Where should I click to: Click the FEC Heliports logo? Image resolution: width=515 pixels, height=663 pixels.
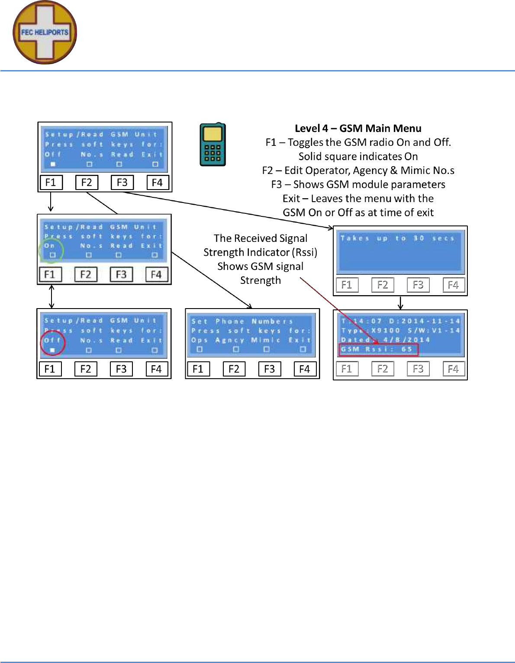click(x=45, y=32)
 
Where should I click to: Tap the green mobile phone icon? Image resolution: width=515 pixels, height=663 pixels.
click(x=212, y=145)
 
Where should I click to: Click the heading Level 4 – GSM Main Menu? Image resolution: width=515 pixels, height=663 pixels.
click(x=358, y=129)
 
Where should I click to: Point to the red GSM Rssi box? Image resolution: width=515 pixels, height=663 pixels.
click(x=378, y=350)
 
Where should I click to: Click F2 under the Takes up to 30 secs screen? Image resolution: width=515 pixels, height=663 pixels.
click(x=383, y=285)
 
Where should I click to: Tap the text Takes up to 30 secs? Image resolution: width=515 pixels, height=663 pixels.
click(x=397, y=238)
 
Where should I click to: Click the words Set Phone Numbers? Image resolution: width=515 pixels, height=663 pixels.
click(x=242, y=322)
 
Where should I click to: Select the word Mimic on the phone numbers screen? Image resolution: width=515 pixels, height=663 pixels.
click(x=265, y=340)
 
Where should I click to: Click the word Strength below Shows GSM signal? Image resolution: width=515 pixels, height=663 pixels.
click(x=261, y=280)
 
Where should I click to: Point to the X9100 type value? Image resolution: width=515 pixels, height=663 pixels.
click(x=386, y=331)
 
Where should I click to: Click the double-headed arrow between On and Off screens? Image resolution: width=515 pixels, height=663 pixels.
click(x=52, y=296)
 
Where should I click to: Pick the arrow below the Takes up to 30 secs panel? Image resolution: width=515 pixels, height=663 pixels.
click(x=401, y=303)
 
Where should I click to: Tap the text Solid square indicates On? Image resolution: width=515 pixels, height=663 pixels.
click(x=358, y=157)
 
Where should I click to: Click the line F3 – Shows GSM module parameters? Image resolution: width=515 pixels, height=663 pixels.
click(x=358, y=185)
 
